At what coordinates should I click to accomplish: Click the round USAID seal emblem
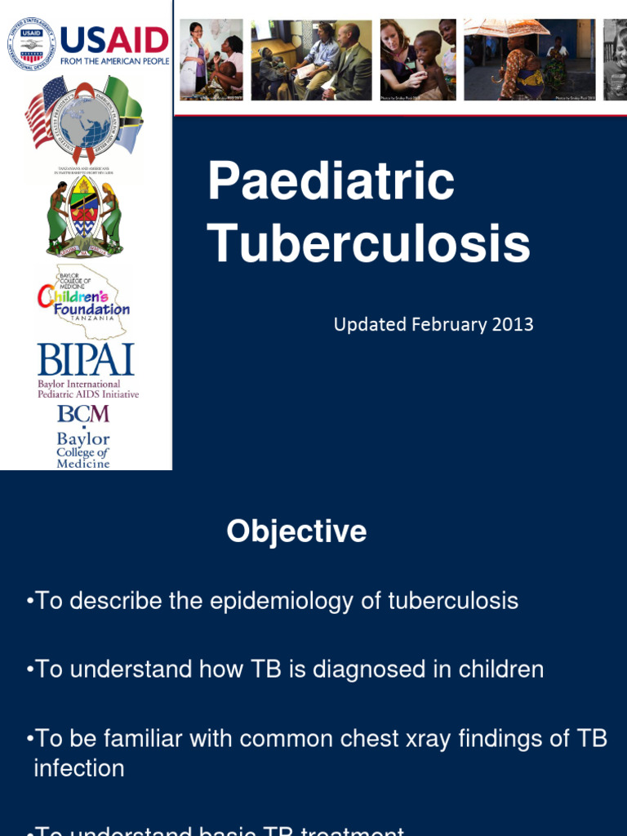(x=32, y=42)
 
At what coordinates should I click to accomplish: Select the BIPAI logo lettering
(x=86, y=360)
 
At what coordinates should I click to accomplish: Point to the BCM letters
(x=82, y=414)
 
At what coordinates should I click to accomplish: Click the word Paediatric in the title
(x=331, y=181)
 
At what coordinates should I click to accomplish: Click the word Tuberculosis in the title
(x=368, y=242)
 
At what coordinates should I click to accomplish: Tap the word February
(x=447, y=324)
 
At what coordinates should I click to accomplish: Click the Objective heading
(x=296, y=531)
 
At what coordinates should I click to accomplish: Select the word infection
(x=79, y=768)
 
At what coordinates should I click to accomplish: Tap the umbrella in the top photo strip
(x=506, y=28)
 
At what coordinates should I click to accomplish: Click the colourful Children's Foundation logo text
(x=84, y=299)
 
